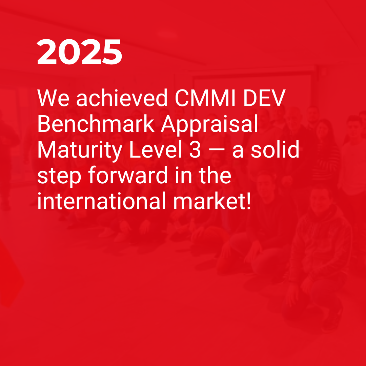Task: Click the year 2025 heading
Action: pyautogui.click(x=79, y=52)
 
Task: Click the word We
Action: pyautogui.click(x=53, y=98)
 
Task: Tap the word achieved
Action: pyautogui.click(x=122, y=98)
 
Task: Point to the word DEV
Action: pyautogui.click(x=264, y=98)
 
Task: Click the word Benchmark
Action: pyautogui.click(x=96, y=123)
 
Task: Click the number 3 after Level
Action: pyautogui.click(x=195, y=150)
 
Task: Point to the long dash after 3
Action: pyautogui.click(x=217, y=150)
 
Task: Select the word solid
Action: pyautogui.click(x=275, y=149)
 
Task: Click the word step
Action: pyautogui.click(x=59, y=177)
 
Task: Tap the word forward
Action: pyautogui.click(x=128, y=175)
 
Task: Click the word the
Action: pyautogui.click(x=215, y=175)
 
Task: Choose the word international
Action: pyautogui.click(x=102, y=201)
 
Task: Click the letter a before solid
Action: pyautogui.click(x=238, y=152)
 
